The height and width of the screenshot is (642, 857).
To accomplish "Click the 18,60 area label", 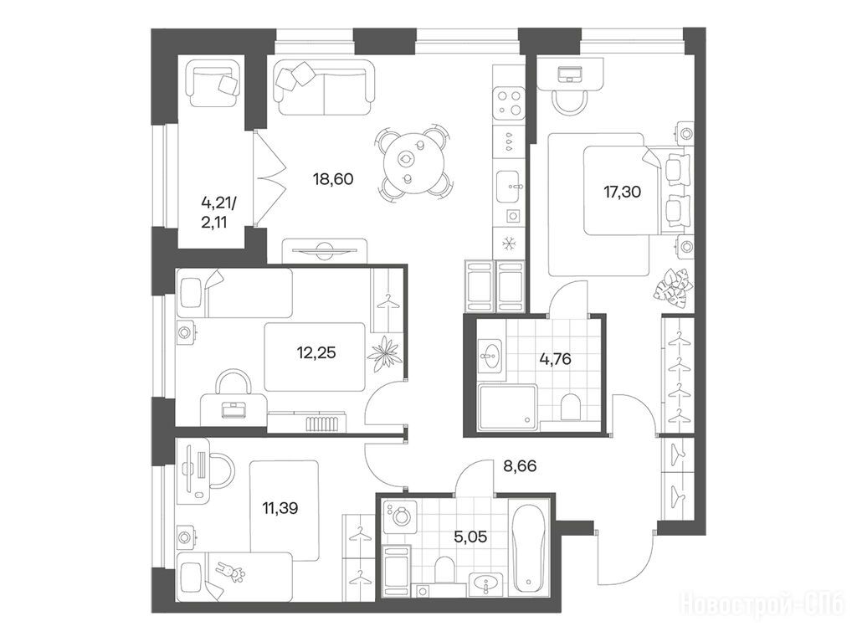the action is pos(333,179).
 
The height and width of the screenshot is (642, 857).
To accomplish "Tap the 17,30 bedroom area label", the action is pos(622,192).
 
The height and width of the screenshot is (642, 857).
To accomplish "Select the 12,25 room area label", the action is pos(316,352).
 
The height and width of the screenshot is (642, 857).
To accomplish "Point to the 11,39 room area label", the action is pos(280,509).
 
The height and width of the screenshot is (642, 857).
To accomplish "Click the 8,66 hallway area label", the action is pos(519,466).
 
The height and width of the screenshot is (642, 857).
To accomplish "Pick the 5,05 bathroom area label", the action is pos(470,537).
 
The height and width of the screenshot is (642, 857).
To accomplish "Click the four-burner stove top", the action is pos(509,103).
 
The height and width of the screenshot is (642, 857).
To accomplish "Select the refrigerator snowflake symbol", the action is pos(509,243).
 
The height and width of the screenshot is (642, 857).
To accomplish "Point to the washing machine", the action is pos(401,516).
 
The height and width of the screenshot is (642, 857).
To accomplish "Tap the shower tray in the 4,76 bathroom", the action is pos(507,408).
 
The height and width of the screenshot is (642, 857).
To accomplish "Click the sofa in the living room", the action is pos(325,88).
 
